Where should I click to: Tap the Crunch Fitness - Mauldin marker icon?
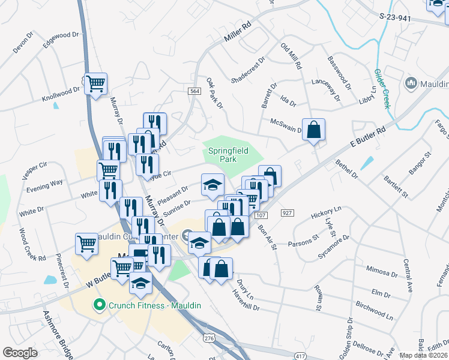click(x=100, y=305)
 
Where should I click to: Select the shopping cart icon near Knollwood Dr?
click(x=95, y=83)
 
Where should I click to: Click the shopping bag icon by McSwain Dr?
click(x=313, y=129)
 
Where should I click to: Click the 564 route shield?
click(x=194, y=91)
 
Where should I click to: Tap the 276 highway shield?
click(x=209, y=339)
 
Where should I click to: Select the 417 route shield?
click(x=298, y=356)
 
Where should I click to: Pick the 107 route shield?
click(x=260, y=215)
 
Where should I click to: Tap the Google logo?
click(x=20, y=353)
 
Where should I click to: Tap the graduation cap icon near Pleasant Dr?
click(x=212, y=185)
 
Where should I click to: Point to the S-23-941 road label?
click(x=396, y=19)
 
